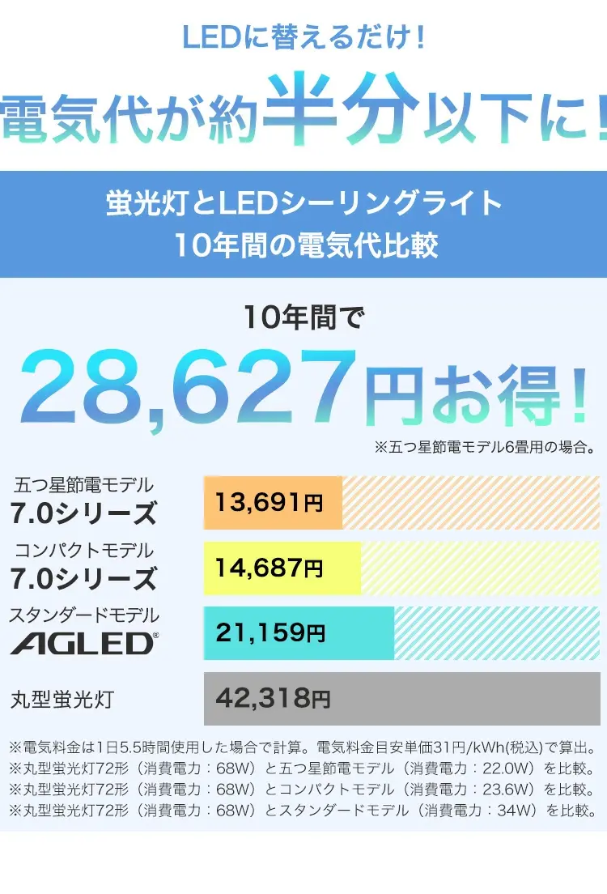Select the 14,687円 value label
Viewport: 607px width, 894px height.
click(x=269, y=567)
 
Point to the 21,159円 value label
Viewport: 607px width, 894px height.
click(x=270, y=632)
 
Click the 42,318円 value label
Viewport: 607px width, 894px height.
click(x=274, y=697)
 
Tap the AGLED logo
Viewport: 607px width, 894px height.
click(x=83, y=645)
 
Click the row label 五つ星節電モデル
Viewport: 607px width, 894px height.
click(x=83, y=486)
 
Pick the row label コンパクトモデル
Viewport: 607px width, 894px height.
click(x=83, y=551)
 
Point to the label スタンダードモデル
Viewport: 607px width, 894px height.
click(x=83, y=615)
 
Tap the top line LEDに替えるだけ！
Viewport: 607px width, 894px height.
click(x=303, y=37)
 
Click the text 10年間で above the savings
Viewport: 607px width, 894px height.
click(x=303, y=317)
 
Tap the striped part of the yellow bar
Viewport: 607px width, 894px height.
click(x=479, y=567)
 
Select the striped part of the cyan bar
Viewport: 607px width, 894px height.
click(x=495, y=632)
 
